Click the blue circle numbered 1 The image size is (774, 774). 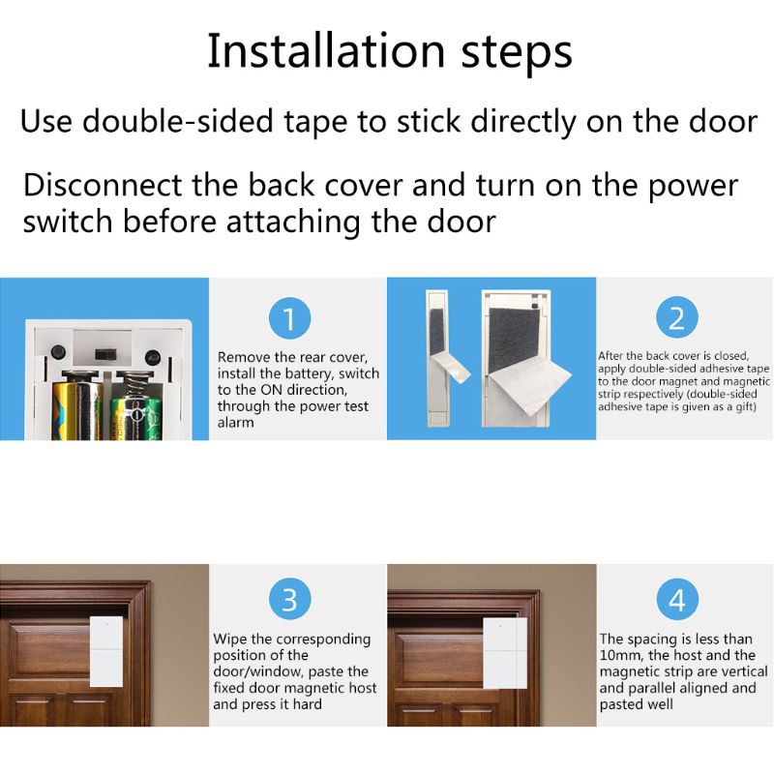click(x=289, y=318)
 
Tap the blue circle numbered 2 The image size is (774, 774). click(x=676, y=318)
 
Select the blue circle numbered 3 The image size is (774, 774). click(x=289, y=600)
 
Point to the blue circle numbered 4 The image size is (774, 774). click(x=676, y=600)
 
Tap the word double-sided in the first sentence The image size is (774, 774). click(x=182, y=123)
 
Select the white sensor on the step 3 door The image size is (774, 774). click(x=105, y=652)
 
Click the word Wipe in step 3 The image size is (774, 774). click(x=229, y=640)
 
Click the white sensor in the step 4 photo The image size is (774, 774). click(x=503, y=652)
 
